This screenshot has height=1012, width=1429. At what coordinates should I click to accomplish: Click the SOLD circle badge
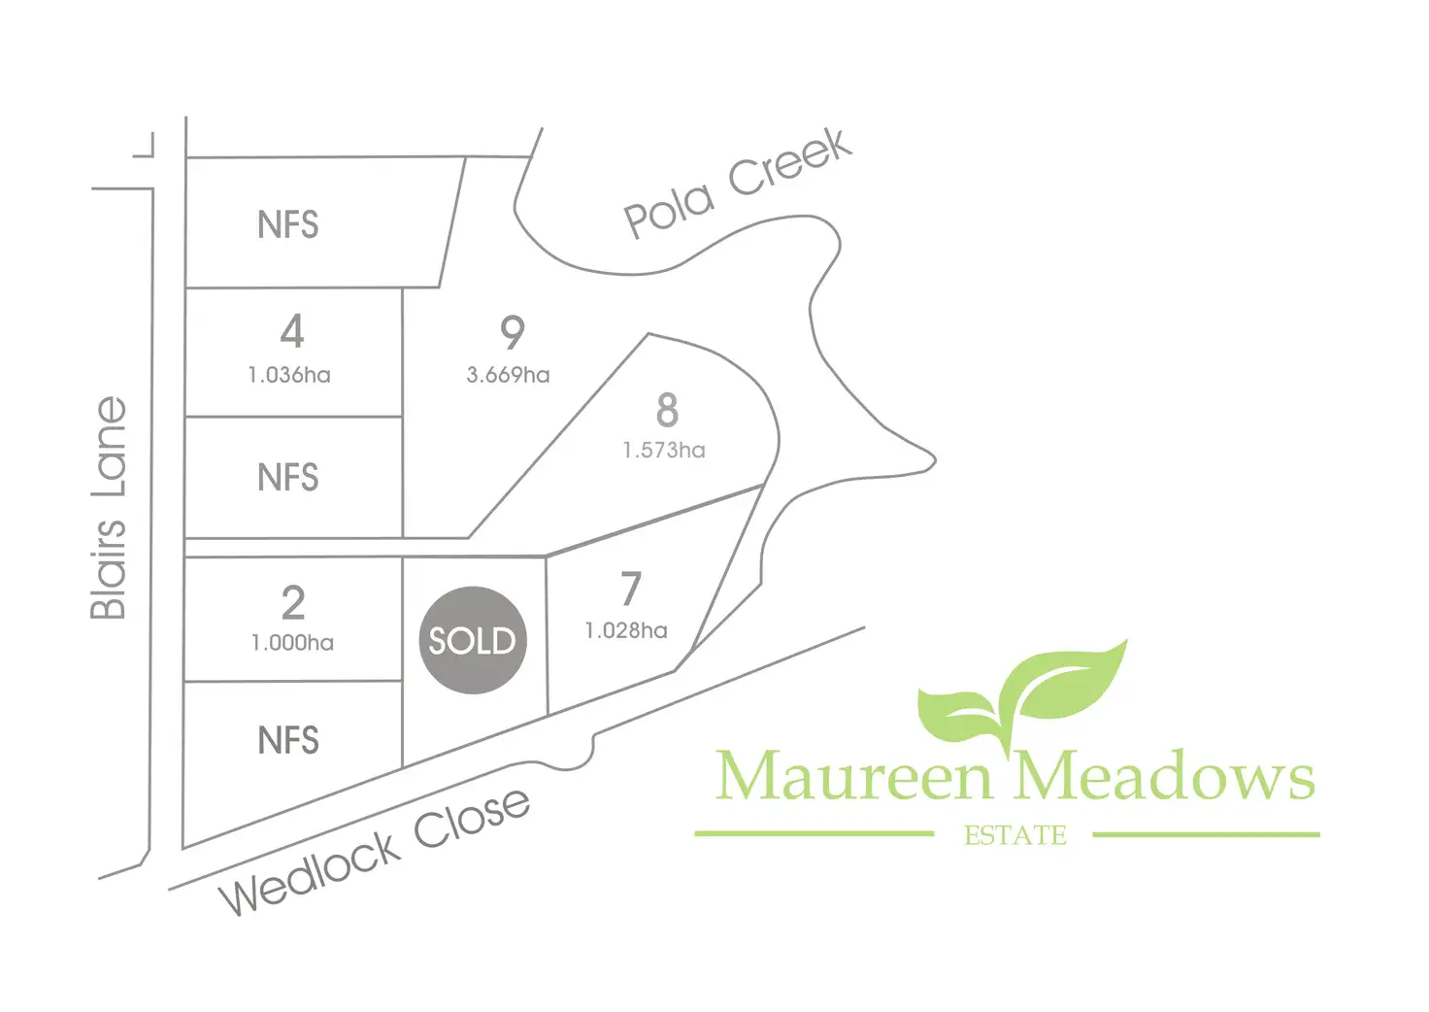(x=472, y=640)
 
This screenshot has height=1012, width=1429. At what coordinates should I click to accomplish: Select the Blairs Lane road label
(x=110, y=507)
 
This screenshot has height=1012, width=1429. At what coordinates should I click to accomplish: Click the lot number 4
(x=291, y=331)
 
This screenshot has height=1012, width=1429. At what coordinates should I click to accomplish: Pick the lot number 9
(x=512, y=333)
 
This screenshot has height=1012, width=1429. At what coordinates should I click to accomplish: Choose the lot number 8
(x=666, y=411)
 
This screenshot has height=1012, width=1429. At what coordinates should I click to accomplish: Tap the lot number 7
(x=631, y=589)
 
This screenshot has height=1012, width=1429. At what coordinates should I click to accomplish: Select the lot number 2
(x=292, y=603)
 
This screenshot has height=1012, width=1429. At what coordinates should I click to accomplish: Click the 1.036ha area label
(x=289, y=375)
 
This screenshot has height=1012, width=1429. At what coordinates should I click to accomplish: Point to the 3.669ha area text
(x=508, y=375)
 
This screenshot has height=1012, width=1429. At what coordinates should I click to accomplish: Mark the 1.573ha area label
(x=664, y=451)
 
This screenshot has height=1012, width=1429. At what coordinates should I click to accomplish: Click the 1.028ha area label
(x=626, y=631)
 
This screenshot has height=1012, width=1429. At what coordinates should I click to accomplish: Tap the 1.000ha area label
(x=292, y=643)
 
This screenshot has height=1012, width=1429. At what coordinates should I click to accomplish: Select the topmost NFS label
(x=287, y=225)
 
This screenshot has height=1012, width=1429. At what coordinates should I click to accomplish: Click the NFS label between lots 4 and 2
(x=287, y=478)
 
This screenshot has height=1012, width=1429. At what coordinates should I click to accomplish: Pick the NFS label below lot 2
(x=287, y=741)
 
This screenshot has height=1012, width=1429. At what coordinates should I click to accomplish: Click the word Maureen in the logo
(x=854, y=777)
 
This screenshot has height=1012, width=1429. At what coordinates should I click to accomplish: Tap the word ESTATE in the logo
(x=1014, y=835)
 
